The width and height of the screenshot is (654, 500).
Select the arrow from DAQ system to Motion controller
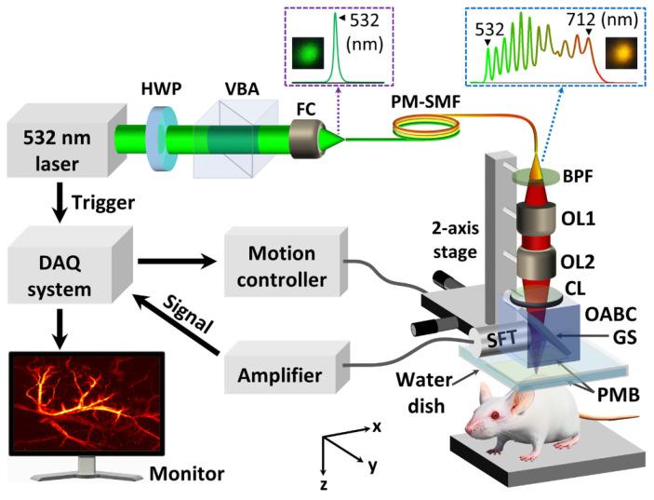177,264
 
